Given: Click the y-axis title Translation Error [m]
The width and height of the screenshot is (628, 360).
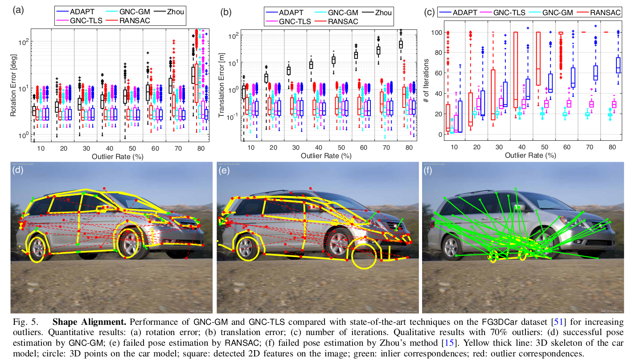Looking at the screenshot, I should pyautogui.click(x=221, y=85).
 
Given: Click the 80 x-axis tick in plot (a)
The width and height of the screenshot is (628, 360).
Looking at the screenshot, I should pyautogui.click(x=200, y=148).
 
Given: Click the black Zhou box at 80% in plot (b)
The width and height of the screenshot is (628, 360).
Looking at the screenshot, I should pyautogui.click(x=401, y=44).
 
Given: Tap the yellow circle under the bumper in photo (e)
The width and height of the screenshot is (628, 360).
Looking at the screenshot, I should pyautogui.click(x=365, y=257).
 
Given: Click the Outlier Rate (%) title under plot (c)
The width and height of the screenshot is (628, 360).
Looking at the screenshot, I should pyautogui.click(x=530, y=155).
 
